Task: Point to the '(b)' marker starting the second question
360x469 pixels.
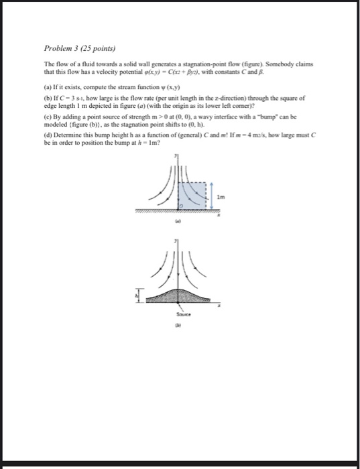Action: (x=48, y=97)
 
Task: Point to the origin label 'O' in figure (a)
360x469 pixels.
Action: (x=180, y=204)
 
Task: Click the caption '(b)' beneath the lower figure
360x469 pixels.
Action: (x=179, y=326)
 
